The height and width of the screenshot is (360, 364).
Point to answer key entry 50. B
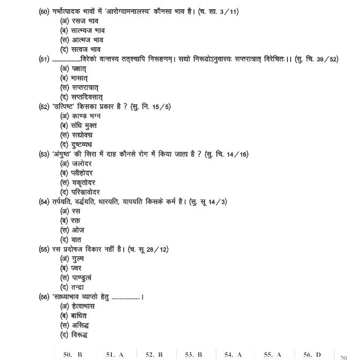pos(72,354)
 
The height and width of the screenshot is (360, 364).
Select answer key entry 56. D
pos(312,354)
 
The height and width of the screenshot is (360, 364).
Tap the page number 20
pos(343,357)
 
